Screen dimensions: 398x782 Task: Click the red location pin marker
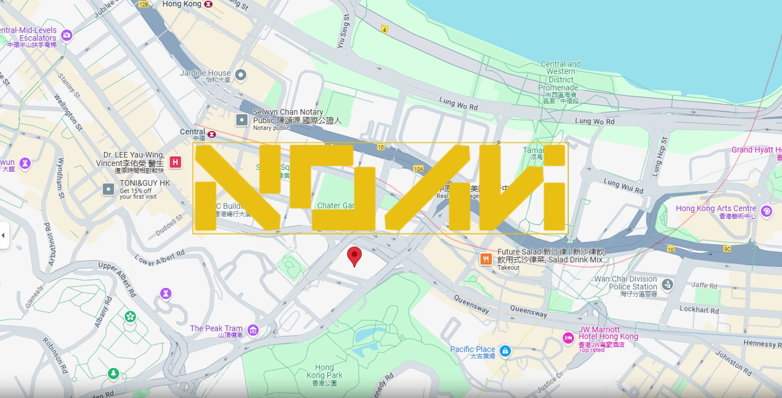354,255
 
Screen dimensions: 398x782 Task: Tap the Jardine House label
205,73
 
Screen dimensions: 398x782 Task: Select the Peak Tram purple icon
252,331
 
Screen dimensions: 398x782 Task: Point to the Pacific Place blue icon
505,351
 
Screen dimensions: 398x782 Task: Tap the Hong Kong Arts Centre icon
766,212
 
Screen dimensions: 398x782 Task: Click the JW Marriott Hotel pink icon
568,337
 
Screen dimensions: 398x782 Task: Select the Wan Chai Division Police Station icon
668,284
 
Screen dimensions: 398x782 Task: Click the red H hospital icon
176,162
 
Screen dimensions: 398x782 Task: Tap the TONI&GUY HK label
144,183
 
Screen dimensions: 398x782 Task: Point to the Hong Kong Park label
324,372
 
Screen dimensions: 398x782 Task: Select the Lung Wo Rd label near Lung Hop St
595,122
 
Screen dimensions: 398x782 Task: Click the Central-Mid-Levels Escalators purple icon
67,35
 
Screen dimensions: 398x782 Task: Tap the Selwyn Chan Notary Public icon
243,119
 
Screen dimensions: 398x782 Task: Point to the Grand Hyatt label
756,150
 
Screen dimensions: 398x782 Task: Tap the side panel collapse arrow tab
4,235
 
